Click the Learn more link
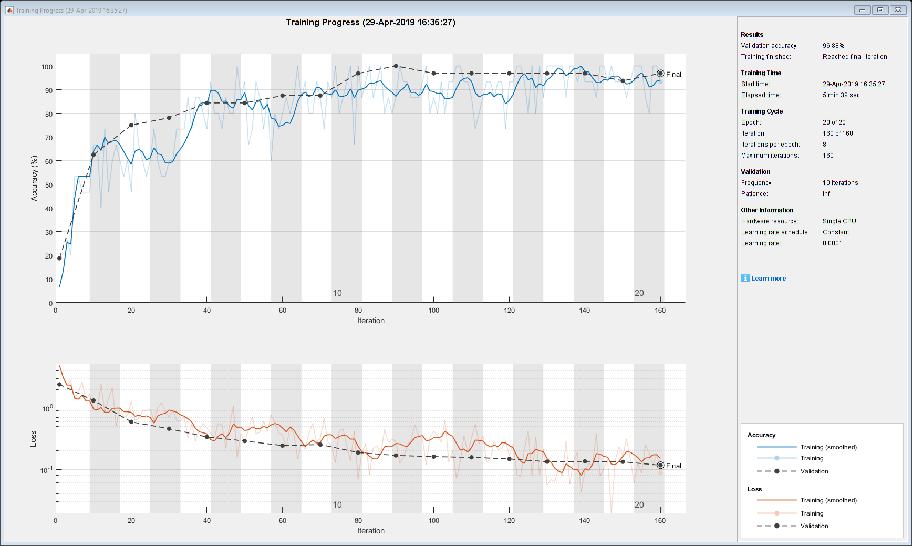pyautogui.click(x=768, y=279)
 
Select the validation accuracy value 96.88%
pyautogui.click(x=833, y=46)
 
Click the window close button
pyautogui.click(x=898, y=10)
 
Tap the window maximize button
pyautogui.click(x=880, y=10)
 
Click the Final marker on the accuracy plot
pyautogui.click(x=660, y=74)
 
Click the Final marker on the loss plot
pyautogui.click(x=660, y=465)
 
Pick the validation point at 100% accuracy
pyautogui.click(x=396, y=66)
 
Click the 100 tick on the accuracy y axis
pyautogui.click(x=47, y=67)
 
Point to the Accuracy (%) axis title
pyautogui.click(x=34, y=178)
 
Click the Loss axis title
pyautogui.click(x=33, y=439)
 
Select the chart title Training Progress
pyautogui.click(x=370, y=22)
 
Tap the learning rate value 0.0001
pyautogui.click(x=832, y=243)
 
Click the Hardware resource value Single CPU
pyautogui.click(x=839, y=221)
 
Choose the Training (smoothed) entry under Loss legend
pyautogui.click(x=828, y=500)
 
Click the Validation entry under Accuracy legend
pyautogui.click(x=814, y=471)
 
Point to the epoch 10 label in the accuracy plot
pyautogui.click(x=337, y=293)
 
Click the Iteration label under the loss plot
pyautogui.click(x=370, y=531)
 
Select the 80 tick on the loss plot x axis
pyautogui.click(x=358, y=521)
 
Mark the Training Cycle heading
pyautogui.click(x=762, y=111)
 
